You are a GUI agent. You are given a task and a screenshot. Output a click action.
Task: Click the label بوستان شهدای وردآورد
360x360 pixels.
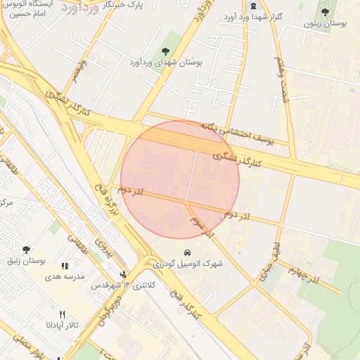[166, 63]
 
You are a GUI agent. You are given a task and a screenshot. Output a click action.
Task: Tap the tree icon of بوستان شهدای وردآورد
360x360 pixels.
[166, 51]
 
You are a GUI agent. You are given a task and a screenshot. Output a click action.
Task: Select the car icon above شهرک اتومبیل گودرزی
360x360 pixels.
[187, 252]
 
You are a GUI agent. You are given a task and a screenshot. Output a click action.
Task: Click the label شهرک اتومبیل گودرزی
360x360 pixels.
[187, 264]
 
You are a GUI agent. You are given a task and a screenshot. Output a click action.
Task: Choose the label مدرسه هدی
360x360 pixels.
[65, 276]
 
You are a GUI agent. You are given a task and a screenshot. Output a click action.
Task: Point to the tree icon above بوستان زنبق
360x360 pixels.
[26, 250]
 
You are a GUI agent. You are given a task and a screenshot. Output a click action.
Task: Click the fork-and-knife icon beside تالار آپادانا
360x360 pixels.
[63, 314]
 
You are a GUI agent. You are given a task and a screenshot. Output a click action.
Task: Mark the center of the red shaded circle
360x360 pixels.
[180, 180]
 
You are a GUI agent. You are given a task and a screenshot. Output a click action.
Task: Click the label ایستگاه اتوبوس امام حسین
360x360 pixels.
[30, 8]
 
